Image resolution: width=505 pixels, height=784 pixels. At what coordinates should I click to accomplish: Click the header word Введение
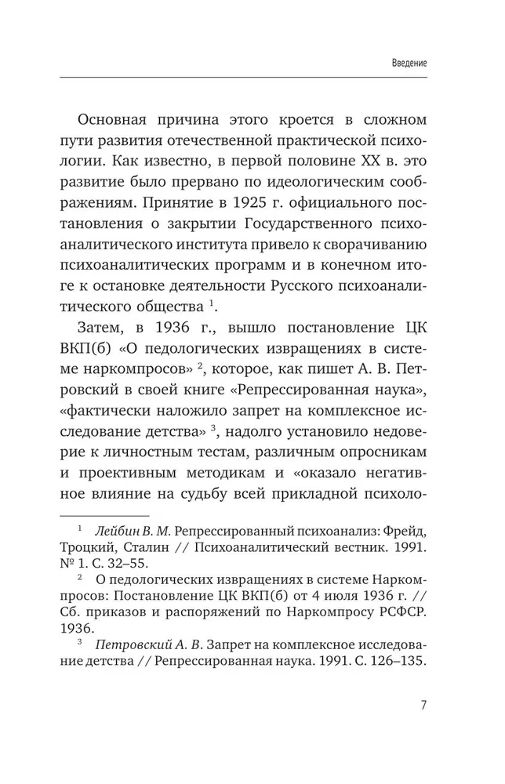click(409, 63)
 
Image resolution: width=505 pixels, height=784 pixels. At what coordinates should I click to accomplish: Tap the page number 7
click(423, 703)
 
